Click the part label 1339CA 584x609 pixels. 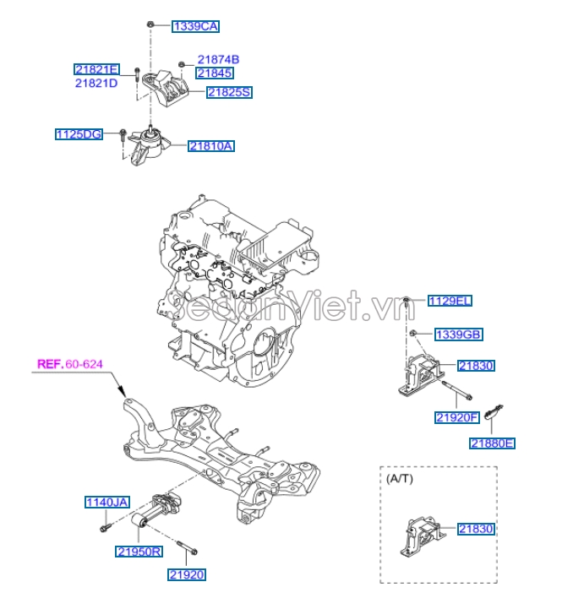pyautogui.click(x=195, y=26)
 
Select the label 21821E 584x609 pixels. pyautogui.click(x=96, y=69)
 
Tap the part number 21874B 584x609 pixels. pyautogui.click(x=219, y=60)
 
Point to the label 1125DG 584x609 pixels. pyautogui.click(x=79, y=133)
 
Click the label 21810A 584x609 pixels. pyautogui.click(x=211, y=146)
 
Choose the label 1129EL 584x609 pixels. pyautogui.click(x=449, y=301)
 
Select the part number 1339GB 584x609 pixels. pyautogui.click(x=458, y=334)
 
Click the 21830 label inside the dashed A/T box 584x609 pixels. pyautogui.click(x=476, y=529)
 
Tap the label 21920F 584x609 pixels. pyautogui.click(x=457, y=417)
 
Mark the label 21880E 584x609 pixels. pyautogui.click(x=492, y=443)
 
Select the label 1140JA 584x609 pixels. pyautogui.click(x=106, y=503)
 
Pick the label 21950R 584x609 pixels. pyautogui.click(x=139, y=552)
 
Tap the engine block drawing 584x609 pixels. pyautogui.click(x=232, y=279)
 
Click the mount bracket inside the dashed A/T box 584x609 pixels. pyautogui.click(x=419, y=539)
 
